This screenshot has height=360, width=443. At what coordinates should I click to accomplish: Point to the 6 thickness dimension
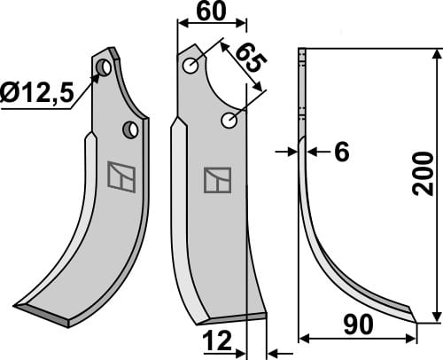point(341,153)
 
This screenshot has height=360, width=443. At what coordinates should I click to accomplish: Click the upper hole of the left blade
point(105,67)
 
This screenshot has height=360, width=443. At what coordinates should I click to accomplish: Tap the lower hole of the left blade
point(131,129)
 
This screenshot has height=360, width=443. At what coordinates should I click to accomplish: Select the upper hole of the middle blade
point(190,66)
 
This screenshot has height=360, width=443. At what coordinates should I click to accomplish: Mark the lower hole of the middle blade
point(231,120)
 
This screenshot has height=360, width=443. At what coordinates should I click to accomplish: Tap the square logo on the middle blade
point(216,180)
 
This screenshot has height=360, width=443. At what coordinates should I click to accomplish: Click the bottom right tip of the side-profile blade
point(415,317)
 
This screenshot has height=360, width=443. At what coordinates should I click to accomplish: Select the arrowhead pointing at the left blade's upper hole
point(97,76)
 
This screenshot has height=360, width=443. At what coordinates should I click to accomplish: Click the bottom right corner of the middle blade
point(265,314)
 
